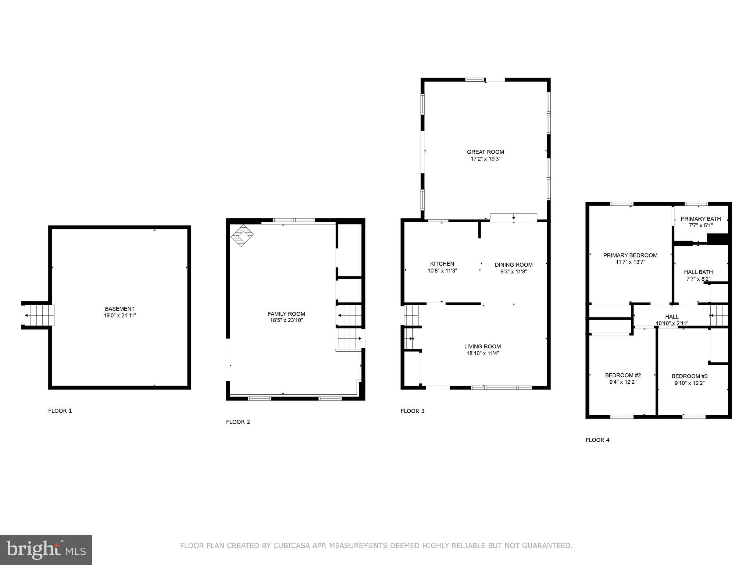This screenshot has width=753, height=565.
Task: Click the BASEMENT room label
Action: (x=119, y=309)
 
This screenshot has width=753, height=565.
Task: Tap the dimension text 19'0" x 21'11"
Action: (x=119, y=316)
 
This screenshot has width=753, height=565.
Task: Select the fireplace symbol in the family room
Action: (x=242, y=235)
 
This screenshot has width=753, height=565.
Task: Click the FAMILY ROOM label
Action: (x=286, y=314)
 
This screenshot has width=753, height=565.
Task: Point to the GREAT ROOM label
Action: (x=485, y=152)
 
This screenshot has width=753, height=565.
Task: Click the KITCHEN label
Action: (x=442, y=264)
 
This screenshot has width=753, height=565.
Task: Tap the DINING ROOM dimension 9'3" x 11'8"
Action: (x=514, y=272)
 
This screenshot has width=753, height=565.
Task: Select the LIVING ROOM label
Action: (x=482, y=347)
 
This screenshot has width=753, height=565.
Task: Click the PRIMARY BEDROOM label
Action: (x=630, y=255)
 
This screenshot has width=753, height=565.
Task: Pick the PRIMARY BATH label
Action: (x=700, y=219)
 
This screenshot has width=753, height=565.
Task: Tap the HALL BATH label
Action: (x=698, y=272)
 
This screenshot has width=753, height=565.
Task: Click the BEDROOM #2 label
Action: (x=623, y=375)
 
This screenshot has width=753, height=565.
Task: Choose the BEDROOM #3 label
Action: (x=689, y=376)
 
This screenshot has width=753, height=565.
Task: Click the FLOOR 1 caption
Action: (x=60, y=411)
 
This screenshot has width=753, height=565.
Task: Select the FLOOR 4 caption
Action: (x=597, y=440)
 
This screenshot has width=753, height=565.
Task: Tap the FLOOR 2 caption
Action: (x=238, y=422)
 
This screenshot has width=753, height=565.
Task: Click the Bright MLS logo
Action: (x=46, y=550)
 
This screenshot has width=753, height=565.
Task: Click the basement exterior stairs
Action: (x=38, y=315)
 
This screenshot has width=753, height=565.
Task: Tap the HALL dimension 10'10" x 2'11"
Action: (x=672, y=324)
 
